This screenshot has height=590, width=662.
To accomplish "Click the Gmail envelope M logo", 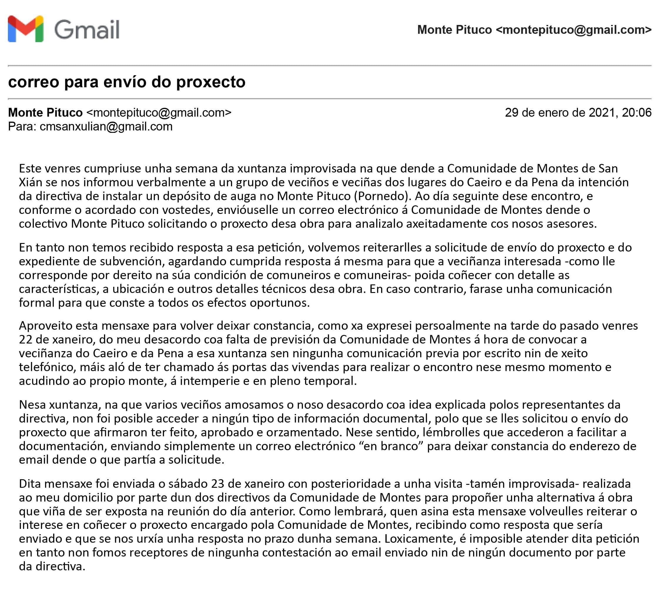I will [x=26, y=29].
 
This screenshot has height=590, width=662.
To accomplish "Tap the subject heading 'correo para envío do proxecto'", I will [x=127, y=82].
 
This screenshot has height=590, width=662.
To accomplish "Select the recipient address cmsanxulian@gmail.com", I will [x=106, y=126].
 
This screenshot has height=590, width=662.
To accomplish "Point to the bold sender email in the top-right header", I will [x=574, y=29].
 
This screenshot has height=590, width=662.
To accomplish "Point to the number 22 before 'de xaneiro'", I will [x=26, y=339].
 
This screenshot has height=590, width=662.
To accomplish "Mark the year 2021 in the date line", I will [x=602, y=113].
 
